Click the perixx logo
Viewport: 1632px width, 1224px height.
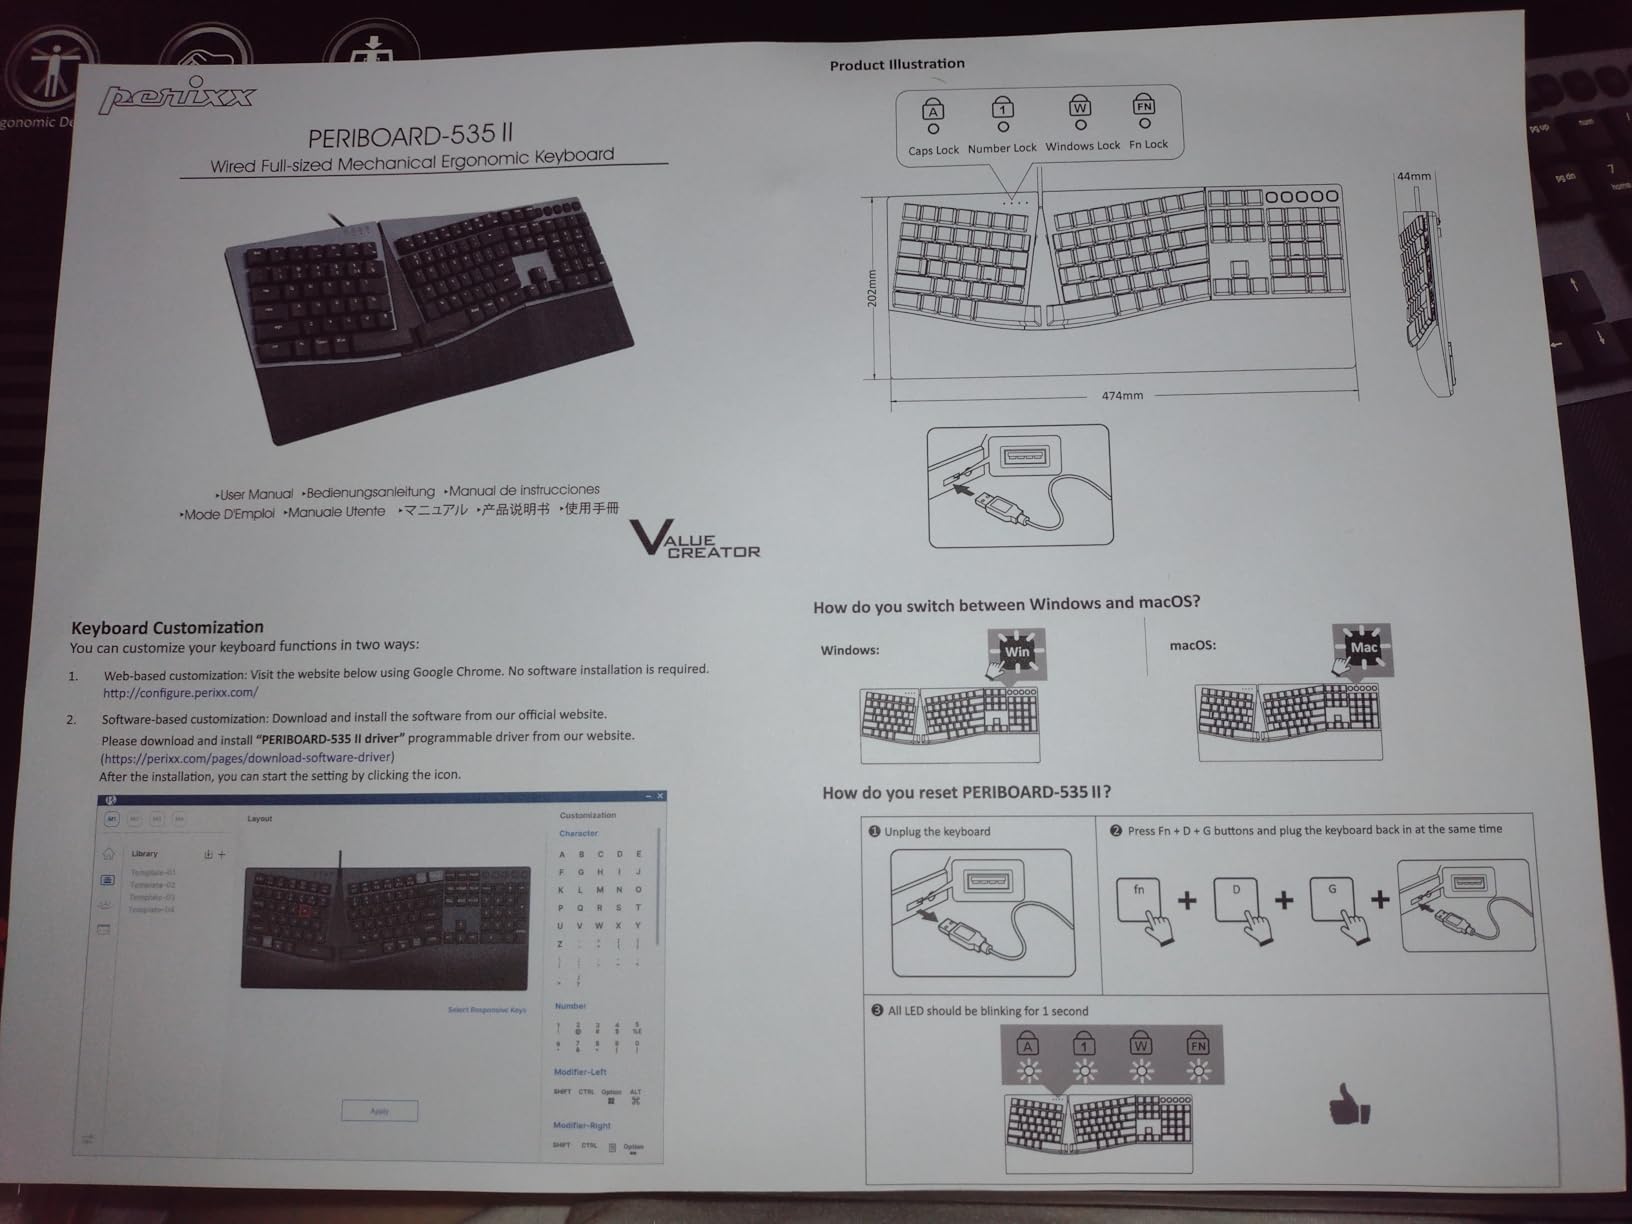[x=177, y=96]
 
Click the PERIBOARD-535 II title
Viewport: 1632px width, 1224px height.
[x=411, y=135]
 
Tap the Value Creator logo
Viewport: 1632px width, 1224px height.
[x=695, y=539]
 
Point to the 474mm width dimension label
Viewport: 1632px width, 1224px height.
[x=1122, y=396]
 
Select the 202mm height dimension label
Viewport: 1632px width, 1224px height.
[x=872, y=287]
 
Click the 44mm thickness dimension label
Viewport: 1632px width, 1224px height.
[x=1413, y=176]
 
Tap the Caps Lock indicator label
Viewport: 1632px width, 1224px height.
[x=933, y=151]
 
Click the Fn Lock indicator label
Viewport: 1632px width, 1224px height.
[x=1148, y=145]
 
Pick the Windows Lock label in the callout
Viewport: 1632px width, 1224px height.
[x=1082, y=146]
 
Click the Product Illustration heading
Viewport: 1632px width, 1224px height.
[x=897, y=64]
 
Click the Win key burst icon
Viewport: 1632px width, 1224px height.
[x=1017, y=652]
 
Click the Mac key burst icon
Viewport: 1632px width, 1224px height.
[x=1363, y=648]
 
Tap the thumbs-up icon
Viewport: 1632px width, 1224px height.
[x=1349, y=1107]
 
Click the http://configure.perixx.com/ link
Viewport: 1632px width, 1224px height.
[x=180, y=692]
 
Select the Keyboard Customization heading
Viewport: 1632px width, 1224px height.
[x=167, y=628]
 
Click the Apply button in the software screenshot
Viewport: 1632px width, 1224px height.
[x=379, y=1111]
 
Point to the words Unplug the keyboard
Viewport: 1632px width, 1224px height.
[x=937, y=832]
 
